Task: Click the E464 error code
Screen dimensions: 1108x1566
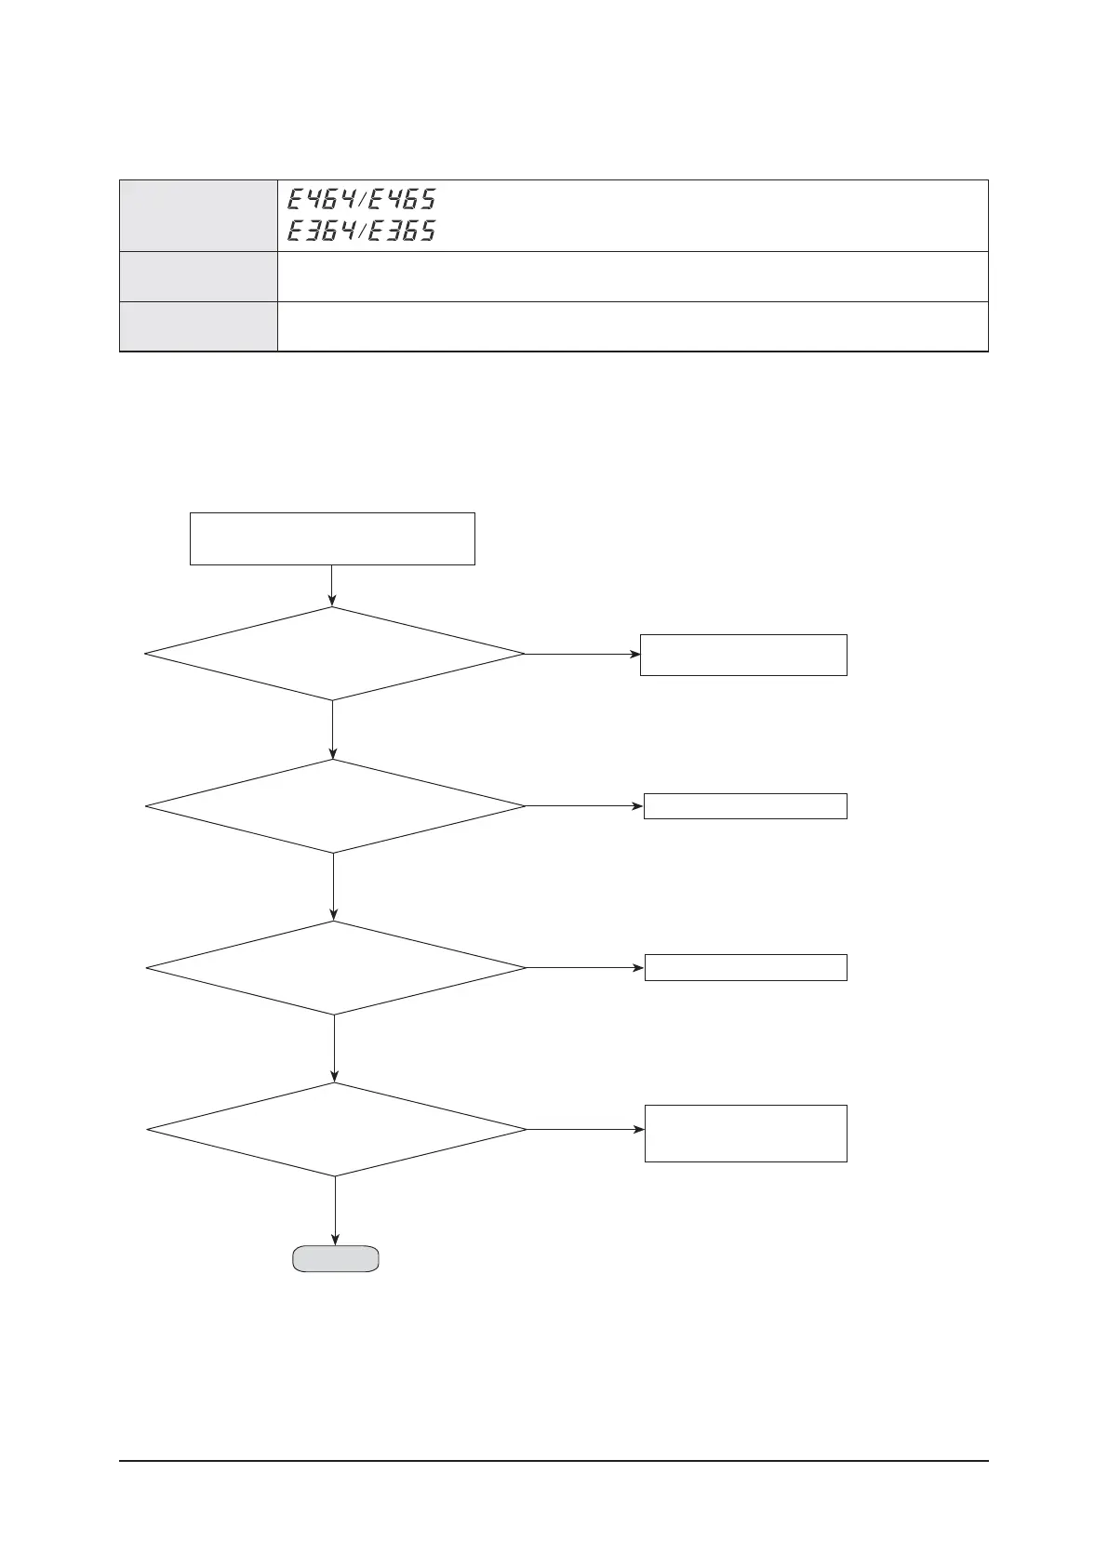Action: click(x=320, y=199)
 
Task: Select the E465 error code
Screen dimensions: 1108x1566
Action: click(x=401, y=199)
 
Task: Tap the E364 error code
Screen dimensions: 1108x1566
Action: click(x=320, y=231)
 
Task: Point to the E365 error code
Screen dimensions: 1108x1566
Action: click(x=401, y=231)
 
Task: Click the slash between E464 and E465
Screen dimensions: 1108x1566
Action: click(x=361, y=199)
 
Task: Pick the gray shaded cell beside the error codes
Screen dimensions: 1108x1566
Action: click(x=198, y=215)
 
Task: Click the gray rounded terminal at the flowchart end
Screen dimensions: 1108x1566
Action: click(x=335, y=1258)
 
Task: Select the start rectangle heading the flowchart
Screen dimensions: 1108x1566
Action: click(x=332, y=538)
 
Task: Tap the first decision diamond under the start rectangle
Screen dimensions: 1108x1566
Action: click(x=334, y=654)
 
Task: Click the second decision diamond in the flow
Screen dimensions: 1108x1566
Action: click(x=335, y=806)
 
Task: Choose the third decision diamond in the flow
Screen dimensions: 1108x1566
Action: click(x=336, y=968)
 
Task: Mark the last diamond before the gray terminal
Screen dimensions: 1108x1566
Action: click(x=337, y=1130)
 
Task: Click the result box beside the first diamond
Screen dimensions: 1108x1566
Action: click(x=743, y=655)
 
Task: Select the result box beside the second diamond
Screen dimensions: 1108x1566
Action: click(x=745, y=806)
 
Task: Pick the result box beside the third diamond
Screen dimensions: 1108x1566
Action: click(x=745, y=967)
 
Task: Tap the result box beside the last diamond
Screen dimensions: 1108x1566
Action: click(x=745, y=1133)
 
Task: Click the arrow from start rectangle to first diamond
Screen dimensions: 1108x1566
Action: click(x=332, y=586)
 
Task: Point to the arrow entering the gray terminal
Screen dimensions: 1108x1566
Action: click(x=335, y=1211)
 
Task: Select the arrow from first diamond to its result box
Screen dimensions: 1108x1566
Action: click(x=582, y=654)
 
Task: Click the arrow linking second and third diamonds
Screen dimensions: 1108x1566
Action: click(x=334, y=886)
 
